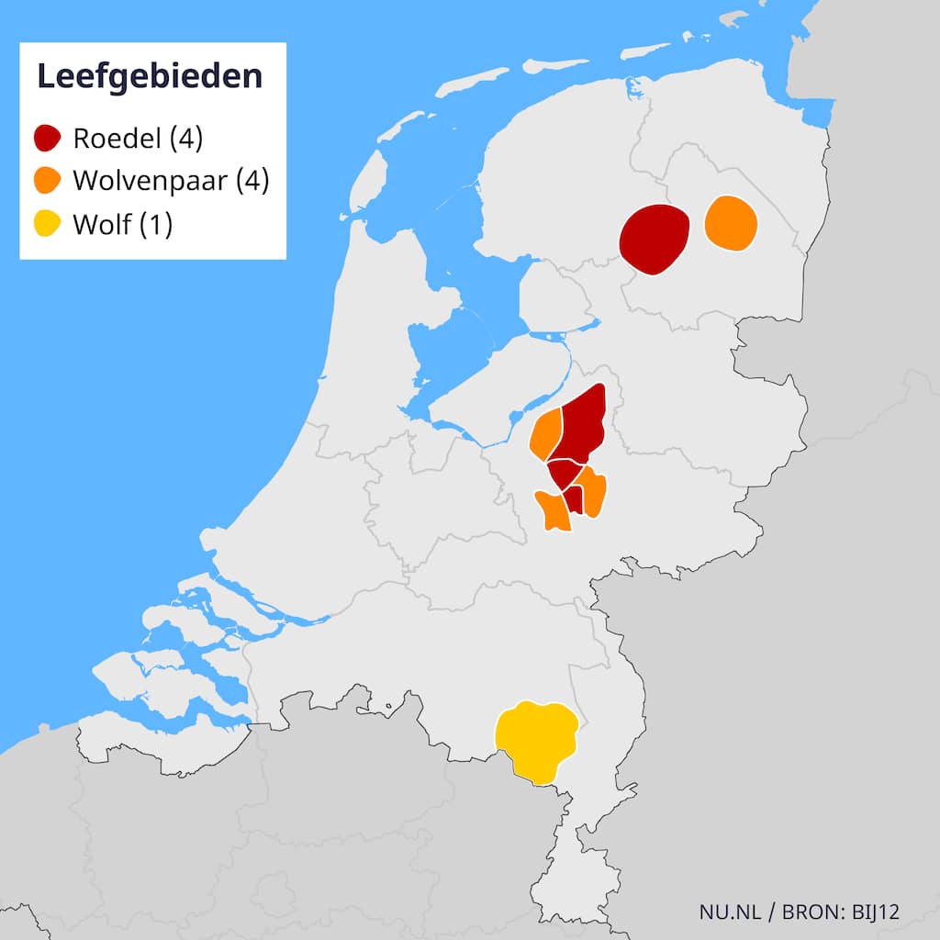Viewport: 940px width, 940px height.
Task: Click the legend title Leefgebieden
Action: coord(150,77)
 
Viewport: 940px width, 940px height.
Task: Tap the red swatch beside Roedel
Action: coord(48,139)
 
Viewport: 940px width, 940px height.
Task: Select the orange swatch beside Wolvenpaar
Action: coord(48,181)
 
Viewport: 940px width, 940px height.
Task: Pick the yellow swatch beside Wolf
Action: coord(48,223)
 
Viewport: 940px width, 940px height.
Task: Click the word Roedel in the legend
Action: coord(118,139)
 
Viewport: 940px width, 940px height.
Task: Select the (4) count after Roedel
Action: coord(185,139)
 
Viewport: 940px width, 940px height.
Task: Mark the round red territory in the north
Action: coord(655,239)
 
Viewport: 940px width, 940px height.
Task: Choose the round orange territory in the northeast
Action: coord(731,222)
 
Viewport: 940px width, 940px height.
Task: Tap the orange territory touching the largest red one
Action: coord(546,432)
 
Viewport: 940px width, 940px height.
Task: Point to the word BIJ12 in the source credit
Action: coord(875,912)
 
